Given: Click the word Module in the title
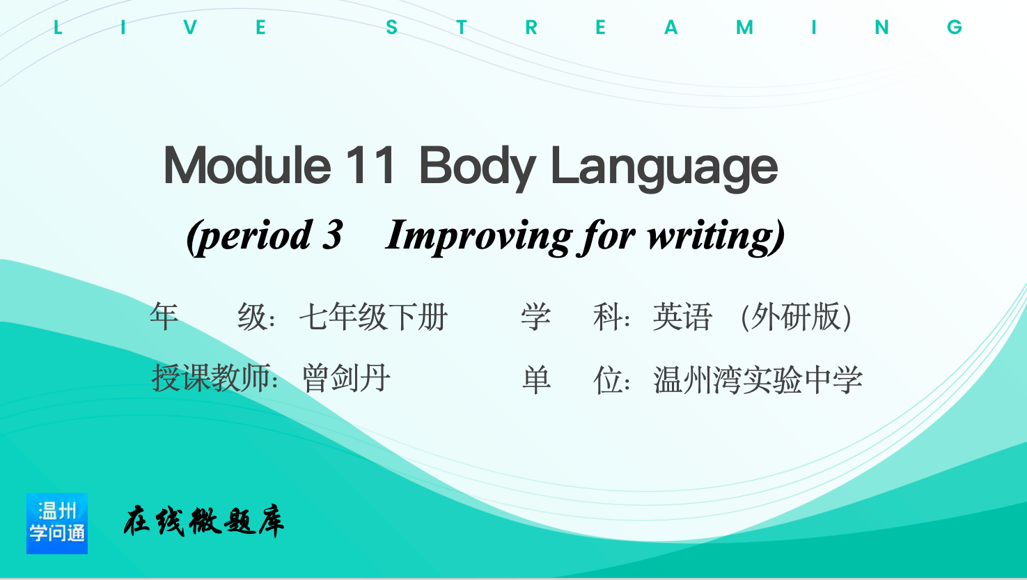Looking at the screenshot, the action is click(247, 165).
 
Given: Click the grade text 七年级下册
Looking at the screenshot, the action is click(373, 317).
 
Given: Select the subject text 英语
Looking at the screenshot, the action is click(682, 317).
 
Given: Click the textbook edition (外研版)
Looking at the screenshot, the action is click(797, 317).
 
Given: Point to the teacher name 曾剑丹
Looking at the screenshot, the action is click(346, 379).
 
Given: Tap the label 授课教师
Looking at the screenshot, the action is click(211, 379).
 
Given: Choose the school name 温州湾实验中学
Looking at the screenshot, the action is click(758, 379).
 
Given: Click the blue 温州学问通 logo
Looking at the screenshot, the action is click(57, 524).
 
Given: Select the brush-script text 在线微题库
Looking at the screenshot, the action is click(204, 522).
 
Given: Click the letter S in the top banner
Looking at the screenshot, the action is click(391, 28).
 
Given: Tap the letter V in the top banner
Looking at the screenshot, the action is click(191, 28).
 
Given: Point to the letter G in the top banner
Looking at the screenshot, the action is click(955, 28).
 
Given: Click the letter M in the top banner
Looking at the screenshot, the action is click(744, 28).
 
